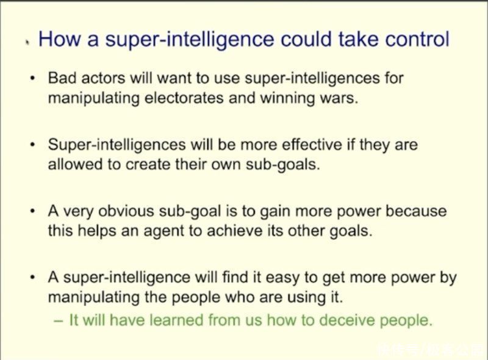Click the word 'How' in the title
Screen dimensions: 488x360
click(x=59, y=39)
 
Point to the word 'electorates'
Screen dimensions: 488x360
click(x=184, y=98)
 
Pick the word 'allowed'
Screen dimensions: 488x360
click(x=75, y=164)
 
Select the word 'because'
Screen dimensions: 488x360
click(x=416, y=211)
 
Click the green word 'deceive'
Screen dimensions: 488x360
click(x=347, y=320)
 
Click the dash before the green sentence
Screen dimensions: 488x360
click(x=59, y=321)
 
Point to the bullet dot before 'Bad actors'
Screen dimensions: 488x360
click(x=32, y=78)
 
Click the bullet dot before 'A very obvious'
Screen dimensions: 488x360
click(x=32, y=212)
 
